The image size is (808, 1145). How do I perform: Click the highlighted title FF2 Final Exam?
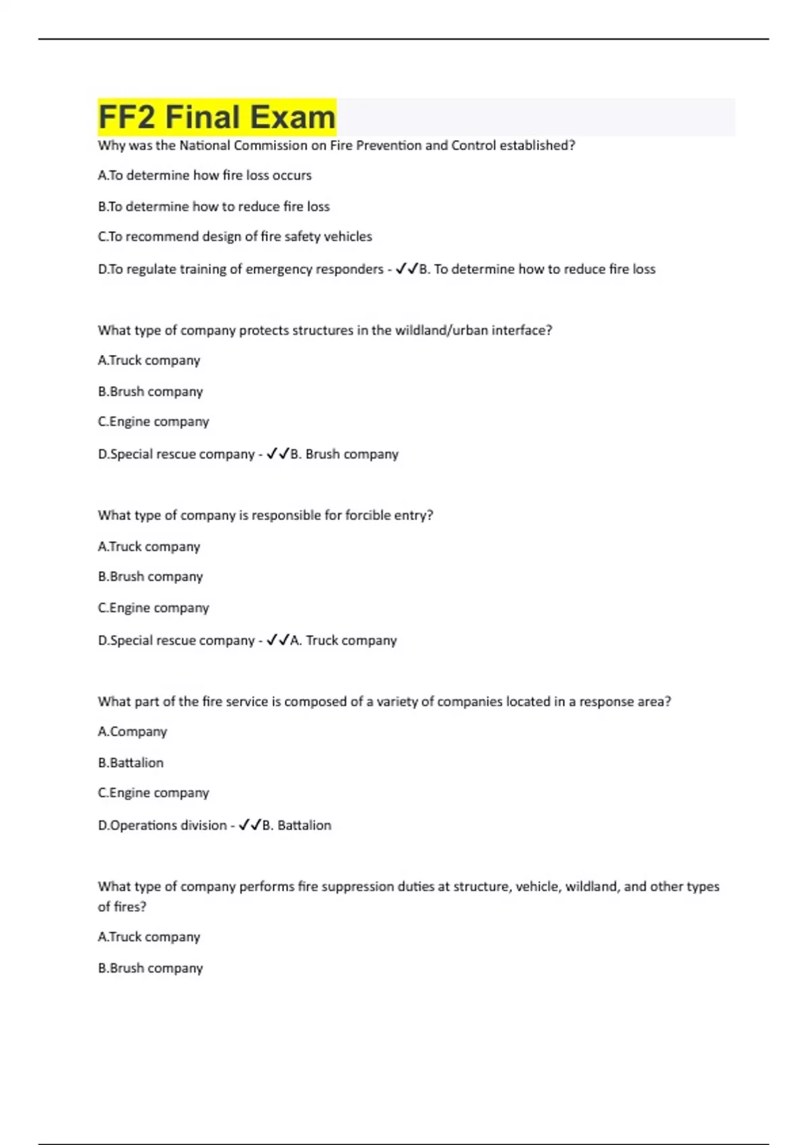click(217, 117)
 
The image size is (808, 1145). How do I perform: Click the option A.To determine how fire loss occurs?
click(205, 175)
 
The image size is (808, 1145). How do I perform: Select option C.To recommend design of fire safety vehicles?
click(235, 236)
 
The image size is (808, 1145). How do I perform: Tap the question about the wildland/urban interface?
click(325, 330)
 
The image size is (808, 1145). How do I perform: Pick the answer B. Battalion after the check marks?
click(297, 825)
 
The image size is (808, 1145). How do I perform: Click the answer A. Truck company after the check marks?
click(343, 640)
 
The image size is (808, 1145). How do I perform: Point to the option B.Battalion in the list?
click(131, 762)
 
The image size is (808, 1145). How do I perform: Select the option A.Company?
click(132, 731)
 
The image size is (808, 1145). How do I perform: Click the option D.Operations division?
click(162, 825)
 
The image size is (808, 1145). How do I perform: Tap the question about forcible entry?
click(265, 515)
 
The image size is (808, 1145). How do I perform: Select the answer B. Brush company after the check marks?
click(344, 454)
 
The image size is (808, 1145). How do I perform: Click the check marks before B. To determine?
click(407, 269)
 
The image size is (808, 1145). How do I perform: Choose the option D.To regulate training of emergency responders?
click(240, 269)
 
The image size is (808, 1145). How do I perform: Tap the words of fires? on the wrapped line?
click(122, 907)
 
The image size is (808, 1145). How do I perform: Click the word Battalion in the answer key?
click(304, 825)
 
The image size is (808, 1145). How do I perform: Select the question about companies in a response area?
click(384, 701)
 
